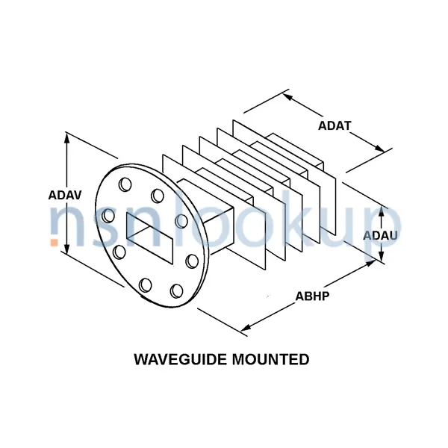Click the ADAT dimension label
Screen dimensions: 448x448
pos(334,125)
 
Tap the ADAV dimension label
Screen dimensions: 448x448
pos(65,195)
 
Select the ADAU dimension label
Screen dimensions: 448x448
pos(380,235)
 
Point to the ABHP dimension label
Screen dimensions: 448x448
pos(313,294)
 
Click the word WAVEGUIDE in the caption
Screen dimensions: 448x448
pos(180,359)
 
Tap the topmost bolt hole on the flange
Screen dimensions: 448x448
pos(124,184)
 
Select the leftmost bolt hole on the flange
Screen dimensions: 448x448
pos(109,216)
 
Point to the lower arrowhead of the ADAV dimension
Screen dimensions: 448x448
pos(68,250)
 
